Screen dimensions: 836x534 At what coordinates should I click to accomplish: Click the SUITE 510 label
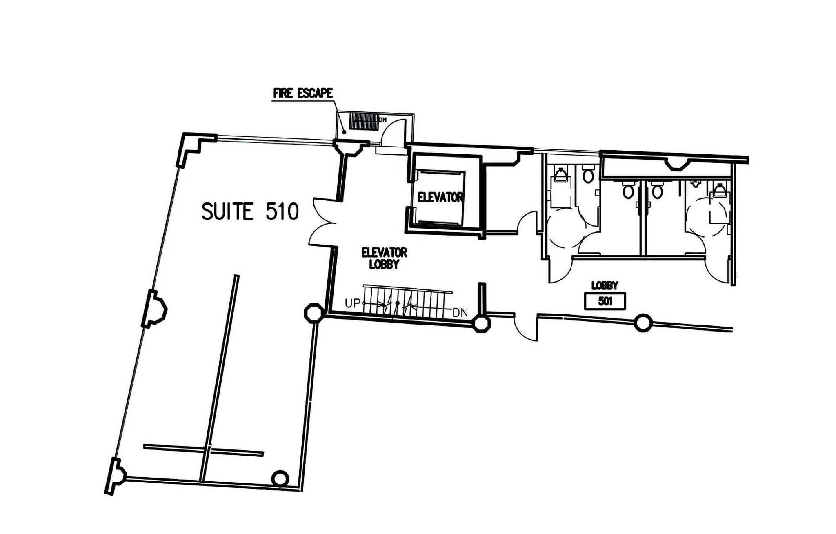coord(250,212)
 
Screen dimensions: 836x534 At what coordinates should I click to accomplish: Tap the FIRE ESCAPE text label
coord(303,93)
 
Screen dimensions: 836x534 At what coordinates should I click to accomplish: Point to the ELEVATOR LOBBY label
coord(384,258)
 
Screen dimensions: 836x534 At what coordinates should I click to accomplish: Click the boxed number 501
coord(605,302)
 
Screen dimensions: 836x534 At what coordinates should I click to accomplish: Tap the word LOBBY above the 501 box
coord(605,285)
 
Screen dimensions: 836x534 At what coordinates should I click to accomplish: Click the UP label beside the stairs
coord(353,304)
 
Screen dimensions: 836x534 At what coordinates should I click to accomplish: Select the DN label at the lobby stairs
coord(460,313)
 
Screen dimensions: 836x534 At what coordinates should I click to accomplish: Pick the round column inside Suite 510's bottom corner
coord(280,478)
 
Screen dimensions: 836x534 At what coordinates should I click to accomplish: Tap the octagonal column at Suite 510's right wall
coord(314,313)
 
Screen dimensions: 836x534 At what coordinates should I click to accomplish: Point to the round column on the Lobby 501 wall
coord(643,323)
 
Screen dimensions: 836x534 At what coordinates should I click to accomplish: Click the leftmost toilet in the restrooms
coord(560,175)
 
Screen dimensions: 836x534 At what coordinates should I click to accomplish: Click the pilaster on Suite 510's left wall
coord(154,309)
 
